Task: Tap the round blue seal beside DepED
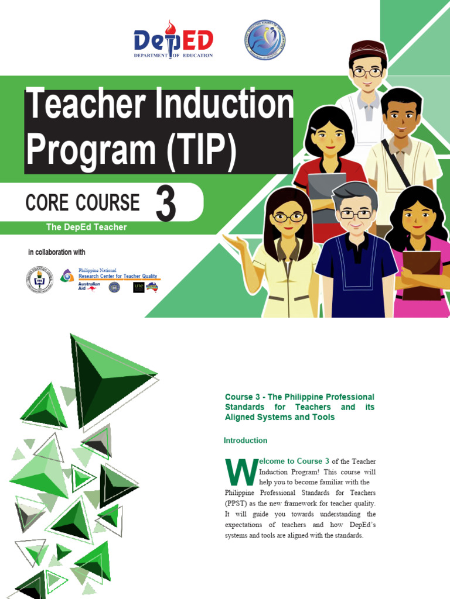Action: (264, 40)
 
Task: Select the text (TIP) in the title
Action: (202, 150)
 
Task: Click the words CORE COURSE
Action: (83, 203)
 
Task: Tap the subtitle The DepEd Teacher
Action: (86, 227)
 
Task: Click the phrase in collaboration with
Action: (57, 253)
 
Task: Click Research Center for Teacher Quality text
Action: (119, 276)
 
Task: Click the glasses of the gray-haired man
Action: (355, 215)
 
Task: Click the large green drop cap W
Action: (240, 472)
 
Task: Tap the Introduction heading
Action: (246, 440)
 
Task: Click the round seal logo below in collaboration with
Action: (39, 279)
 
